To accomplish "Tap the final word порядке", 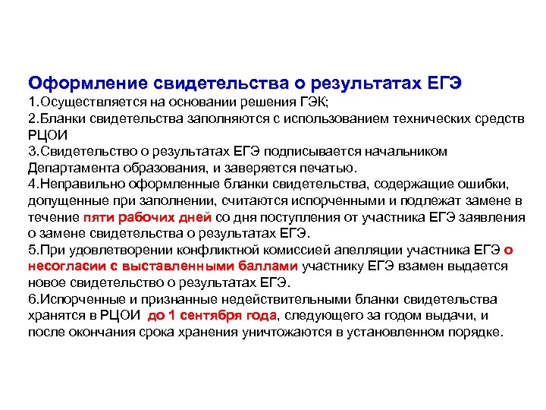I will [x=473, y=333].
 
